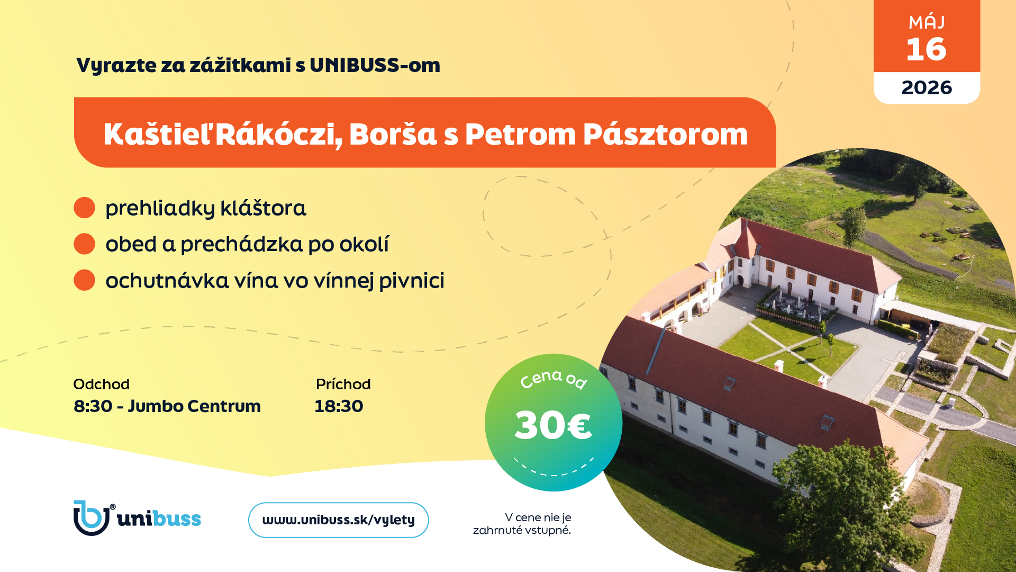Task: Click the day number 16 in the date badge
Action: point(926,49)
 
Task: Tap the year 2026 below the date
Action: point(927,87)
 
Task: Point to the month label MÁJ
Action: point(927,22)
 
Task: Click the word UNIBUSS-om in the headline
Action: point(375,65)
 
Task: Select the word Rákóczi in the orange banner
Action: point(278,135)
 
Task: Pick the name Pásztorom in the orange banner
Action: point(665,135)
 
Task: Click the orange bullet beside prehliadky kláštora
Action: point(84,208)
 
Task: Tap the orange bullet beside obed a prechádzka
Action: point(84,244)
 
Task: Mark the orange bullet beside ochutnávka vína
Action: point(84,280)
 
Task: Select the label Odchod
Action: point(101,384)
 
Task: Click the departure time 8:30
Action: point(93,406)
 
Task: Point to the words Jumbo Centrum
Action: point(194,406)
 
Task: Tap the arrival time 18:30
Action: point(339,406)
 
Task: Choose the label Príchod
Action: point(343,384)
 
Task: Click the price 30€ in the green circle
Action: point(553,425)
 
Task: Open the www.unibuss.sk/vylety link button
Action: point(339,520)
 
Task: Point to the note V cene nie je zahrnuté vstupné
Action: point(522,524)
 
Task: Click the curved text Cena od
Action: point(554,378)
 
